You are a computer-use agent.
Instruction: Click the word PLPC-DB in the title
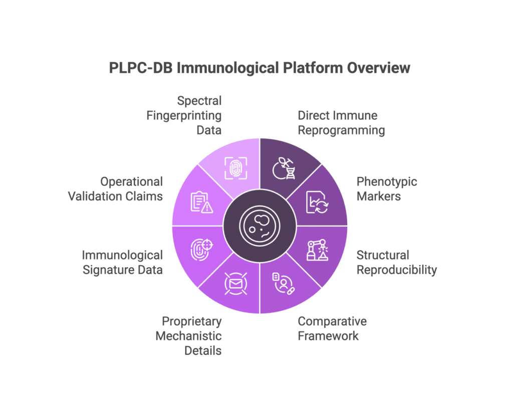141,68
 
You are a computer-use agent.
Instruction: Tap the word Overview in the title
379,68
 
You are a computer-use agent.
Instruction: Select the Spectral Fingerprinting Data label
184,115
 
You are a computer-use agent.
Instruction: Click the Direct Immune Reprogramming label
341,123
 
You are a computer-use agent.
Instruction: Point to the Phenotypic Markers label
387,189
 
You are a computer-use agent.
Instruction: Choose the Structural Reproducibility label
397,263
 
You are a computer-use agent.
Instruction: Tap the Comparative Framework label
332,329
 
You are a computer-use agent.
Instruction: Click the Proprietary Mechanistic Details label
188,336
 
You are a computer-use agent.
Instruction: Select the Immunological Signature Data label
122,263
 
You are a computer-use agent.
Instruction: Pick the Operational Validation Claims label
115,189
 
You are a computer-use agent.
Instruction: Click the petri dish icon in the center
260,226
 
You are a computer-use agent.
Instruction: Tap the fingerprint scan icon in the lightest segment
235,168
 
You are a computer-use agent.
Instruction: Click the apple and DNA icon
284,168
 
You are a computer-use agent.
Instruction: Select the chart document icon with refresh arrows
317,202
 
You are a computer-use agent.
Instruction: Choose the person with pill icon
284,283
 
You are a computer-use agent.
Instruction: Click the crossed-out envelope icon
235,283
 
